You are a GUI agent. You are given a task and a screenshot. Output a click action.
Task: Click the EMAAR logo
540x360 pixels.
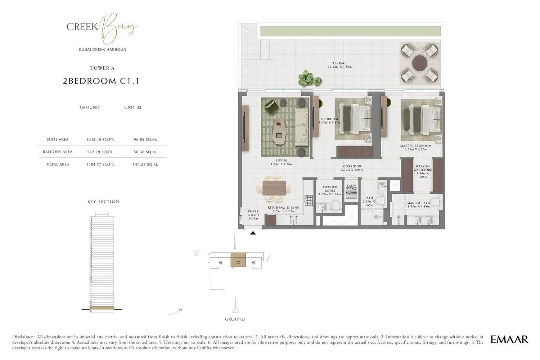coord(509,339)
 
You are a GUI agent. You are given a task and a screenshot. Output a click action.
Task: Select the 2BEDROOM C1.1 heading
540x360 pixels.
coord(101,81)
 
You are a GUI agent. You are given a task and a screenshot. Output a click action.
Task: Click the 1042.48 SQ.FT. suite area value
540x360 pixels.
coord(100,140)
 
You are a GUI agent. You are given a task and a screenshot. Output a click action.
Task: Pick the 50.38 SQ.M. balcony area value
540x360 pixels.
coord(145,152)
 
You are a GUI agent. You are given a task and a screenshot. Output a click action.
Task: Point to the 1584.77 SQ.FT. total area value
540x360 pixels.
coord(100,165)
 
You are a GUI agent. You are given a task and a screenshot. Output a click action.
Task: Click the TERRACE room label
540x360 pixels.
coord(339,65)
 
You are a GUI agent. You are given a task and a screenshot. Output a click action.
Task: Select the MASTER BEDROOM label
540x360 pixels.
coord(415,147)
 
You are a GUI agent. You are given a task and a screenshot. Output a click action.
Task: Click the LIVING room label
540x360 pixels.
coord(282,162)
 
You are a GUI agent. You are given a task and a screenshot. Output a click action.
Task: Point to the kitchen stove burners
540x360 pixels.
coord(309,200)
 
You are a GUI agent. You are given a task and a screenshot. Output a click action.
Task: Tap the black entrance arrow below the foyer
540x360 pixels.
coord(253,233)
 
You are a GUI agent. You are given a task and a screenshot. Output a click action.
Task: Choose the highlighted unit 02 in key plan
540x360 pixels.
coord(238,262)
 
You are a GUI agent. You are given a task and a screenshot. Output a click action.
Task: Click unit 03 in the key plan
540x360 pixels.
coord(254,263)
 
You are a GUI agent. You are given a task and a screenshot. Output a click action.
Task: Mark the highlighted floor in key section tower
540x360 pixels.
coord(102,308)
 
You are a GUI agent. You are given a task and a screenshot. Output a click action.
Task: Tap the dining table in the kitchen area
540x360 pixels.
coord(275,188)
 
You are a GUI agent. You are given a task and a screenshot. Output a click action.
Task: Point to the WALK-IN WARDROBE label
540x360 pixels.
coord(423,171)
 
